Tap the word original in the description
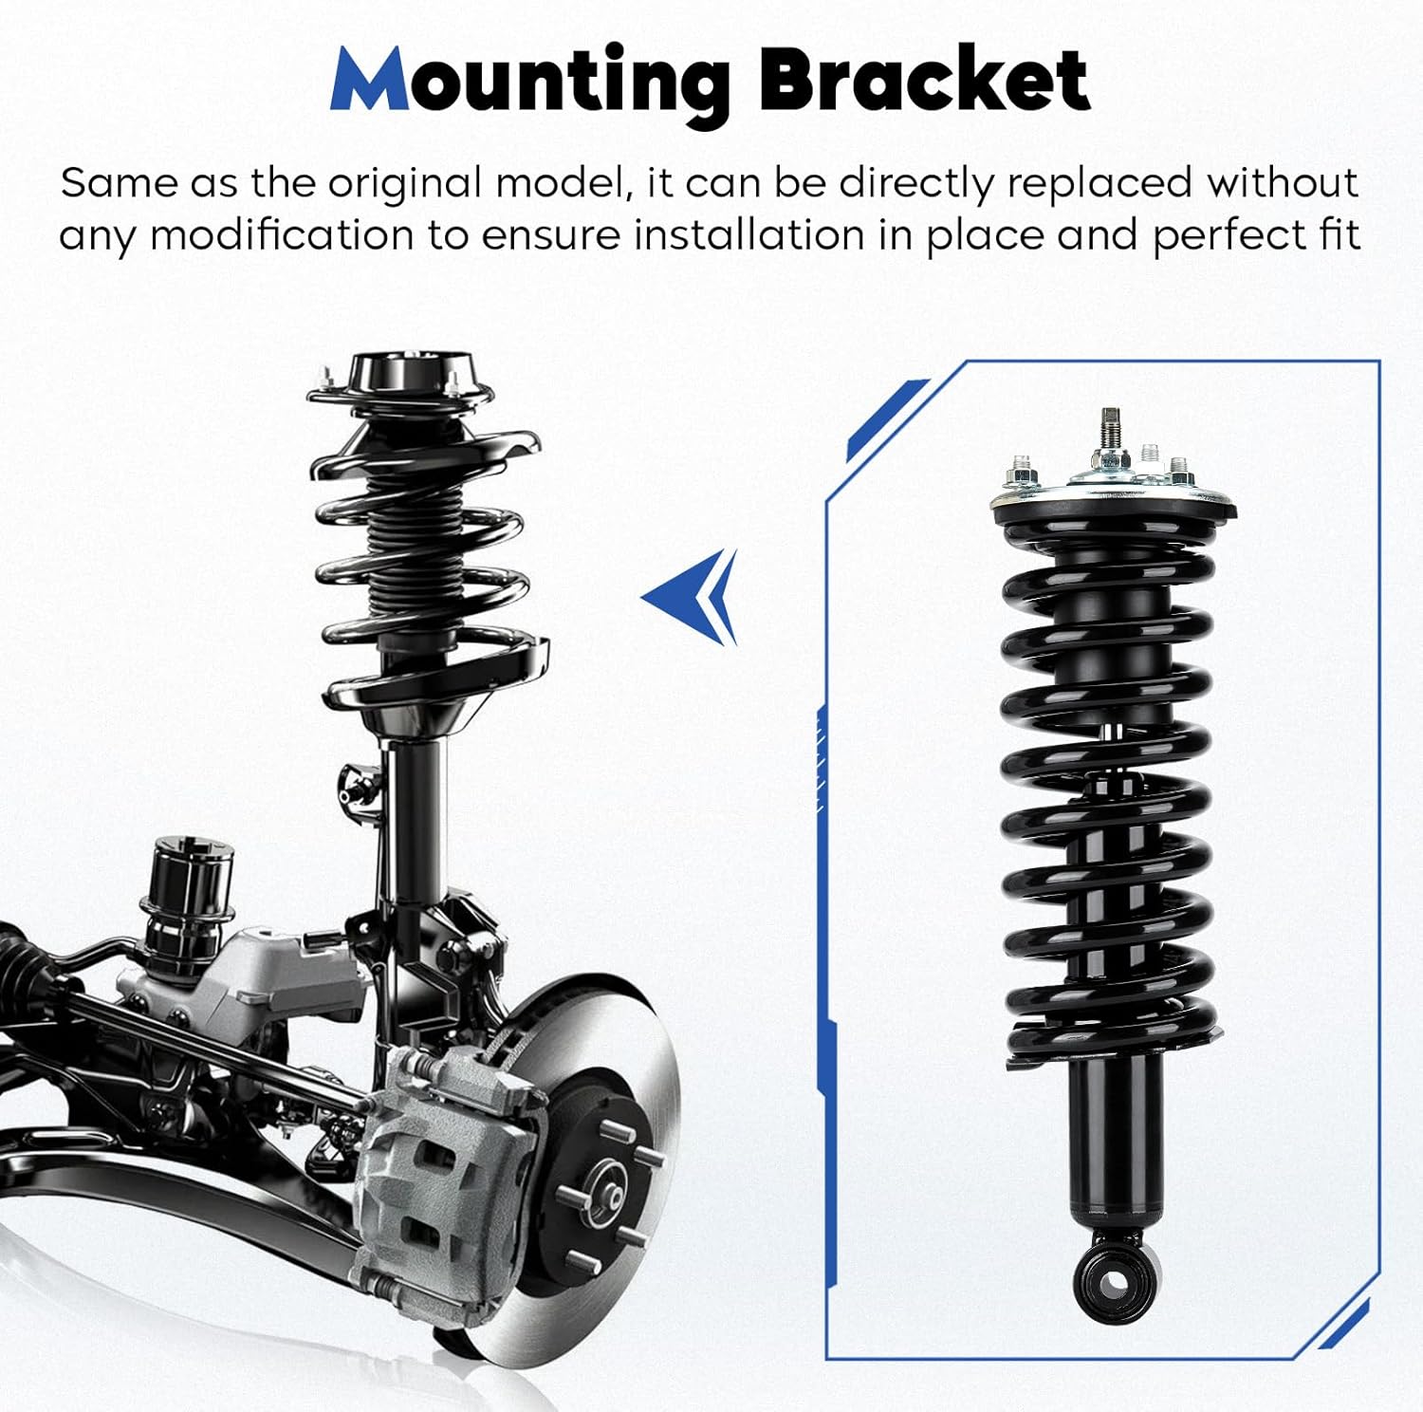[405, 183]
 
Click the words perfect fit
[1256, 235]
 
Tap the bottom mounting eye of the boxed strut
[1116, 1282]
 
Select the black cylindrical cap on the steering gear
[187, 878]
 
